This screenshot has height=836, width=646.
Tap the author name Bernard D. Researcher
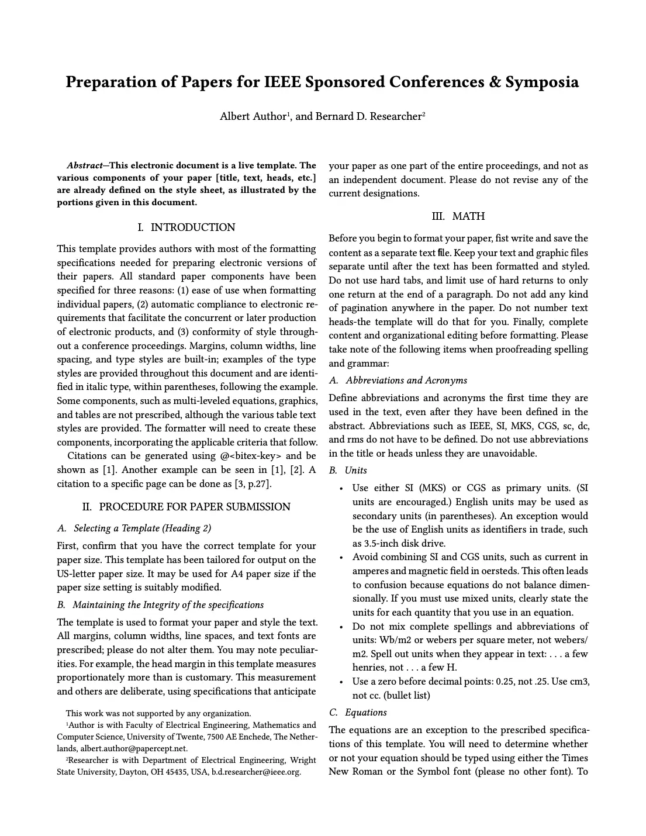click(368, 116)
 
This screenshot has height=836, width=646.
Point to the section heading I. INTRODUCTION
click(186, 227)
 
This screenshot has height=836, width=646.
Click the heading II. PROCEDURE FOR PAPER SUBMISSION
click(186, 507)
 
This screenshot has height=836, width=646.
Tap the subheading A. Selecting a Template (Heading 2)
click(134, 528)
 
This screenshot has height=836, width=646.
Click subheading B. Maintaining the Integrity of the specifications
click(161, 605)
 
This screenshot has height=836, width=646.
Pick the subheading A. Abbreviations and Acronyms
click(398, 381)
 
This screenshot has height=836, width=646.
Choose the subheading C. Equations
click(358, 713)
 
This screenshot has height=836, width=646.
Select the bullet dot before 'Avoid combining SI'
click(341, 558)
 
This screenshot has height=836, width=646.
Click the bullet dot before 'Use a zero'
click(341, 682)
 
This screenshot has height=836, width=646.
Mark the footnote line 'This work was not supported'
click(158, 713)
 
